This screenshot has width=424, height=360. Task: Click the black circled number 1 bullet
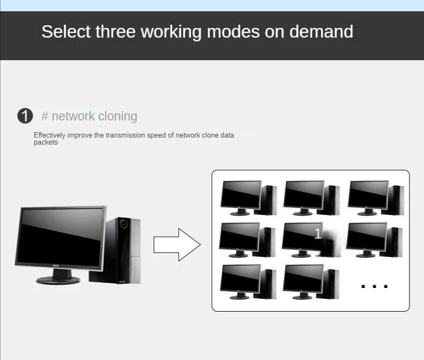pos(25,116)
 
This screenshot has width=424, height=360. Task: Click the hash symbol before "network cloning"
pos(45,116)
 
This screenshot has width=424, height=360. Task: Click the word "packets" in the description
pos(46,143)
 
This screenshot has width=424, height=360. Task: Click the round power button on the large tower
pos(125,223)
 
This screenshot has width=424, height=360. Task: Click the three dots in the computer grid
pos(375,286)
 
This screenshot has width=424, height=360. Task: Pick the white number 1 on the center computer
pos(318,234)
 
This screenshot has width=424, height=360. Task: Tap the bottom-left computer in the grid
pos(248,281)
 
